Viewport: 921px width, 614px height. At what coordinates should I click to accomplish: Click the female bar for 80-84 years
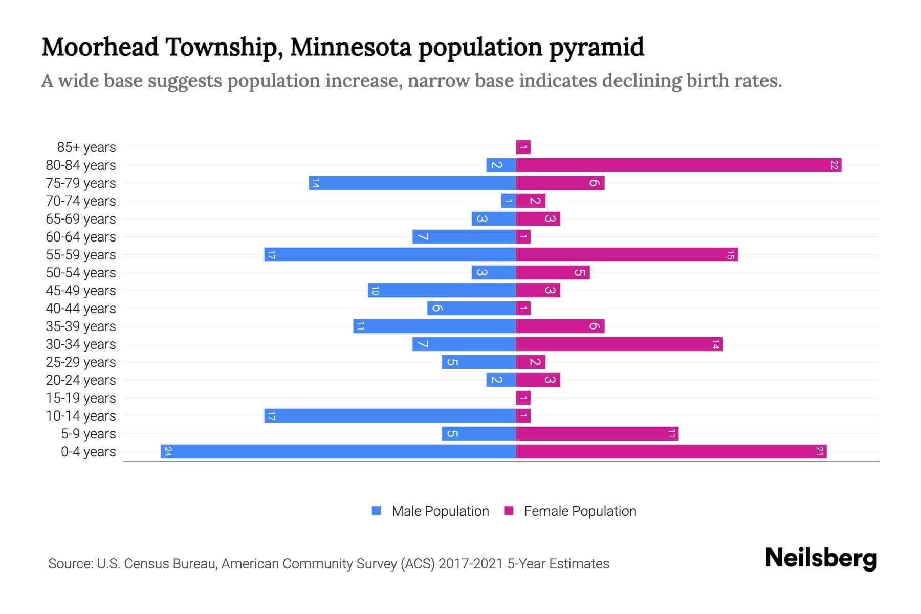(678, 165)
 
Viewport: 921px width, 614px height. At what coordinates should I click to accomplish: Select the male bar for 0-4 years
(338, 452)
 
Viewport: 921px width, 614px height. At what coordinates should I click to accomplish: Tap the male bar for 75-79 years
(412, 183)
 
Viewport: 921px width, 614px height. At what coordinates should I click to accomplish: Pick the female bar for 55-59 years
(627, 255)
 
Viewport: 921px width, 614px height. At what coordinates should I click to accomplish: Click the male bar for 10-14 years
(390, 416)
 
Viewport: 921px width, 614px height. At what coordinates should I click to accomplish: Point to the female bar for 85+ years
(523, 147)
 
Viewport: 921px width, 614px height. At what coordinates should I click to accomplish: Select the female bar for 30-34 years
(619, 344)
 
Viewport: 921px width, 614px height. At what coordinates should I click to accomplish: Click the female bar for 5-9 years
(597, 434)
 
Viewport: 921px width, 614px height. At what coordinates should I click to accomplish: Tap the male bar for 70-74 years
(509, 201)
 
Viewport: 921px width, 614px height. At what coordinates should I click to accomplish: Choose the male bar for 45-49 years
(442, 291)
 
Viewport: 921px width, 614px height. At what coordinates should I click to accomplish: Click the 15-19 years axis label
(81, 398)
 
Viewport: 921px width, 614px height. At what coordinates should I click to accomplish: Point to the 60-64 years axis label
(81, 237)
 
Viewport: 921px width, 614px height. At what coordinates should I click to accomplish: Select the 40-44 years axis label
(81, 309)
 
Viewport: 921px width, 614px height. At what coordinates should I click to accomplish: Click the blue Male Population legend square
(377, 511)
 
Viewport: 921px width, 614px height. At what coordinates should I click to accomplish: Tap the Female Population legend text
(580, 511)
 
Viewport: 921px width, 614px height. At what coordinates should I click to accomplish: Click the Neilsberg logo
(821, 558)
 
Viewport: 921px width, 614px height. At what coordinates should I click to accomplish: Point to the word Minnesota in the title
(350, 47)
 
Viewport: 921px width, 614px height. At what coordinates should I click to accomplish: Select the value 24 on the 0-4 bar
(168, 452)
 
